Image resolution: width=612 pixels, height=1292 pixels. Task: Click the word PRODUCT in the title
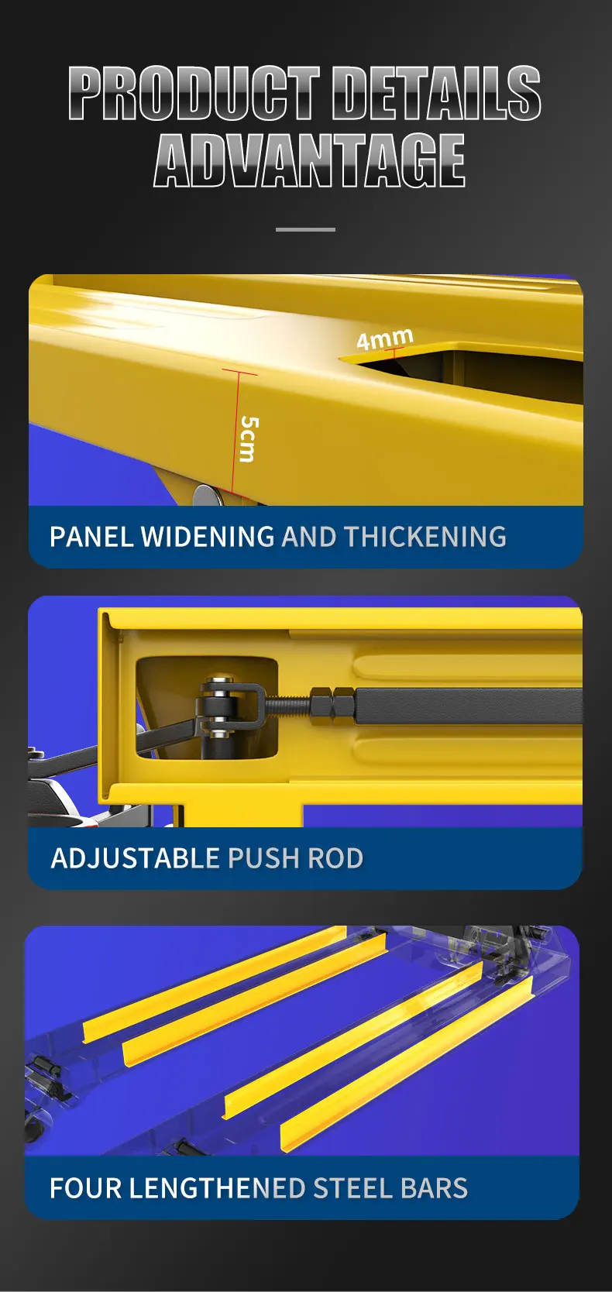pos(194,93)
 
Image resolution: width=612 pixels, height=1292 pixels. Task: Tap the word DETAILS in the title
pos(437,93)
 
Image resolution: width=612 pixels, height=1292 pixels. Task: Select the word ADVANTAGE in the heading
pos(309,160)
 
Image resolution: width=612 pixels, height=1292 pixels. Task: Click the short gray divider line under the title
pos(305,229)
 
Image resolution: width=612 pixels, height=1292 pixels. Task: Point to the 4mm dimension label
pos(385,338)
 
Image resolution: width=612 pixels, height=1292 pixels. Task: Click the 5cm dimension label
pos(248,438)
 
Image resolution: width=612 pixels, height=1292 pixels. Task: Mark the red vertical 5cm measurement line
pos(235,434)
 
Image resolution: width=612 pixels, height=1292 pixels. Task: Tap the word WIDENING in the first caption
pos(207,537)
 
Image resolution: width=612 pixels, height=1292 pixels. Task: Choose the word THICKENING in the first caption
pos(425,537)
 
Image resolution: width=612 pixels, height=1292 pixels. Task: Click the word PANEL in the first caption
pos(91,537)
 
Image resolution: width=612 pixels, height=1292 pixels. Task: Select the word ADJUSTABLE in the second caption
pos(136,858)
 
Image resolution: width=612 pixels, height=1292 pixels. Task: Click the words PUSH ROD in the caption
pos(295,858)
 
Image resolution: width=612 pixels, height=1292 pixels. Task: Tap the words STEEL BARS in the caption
pos(390,1188)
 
